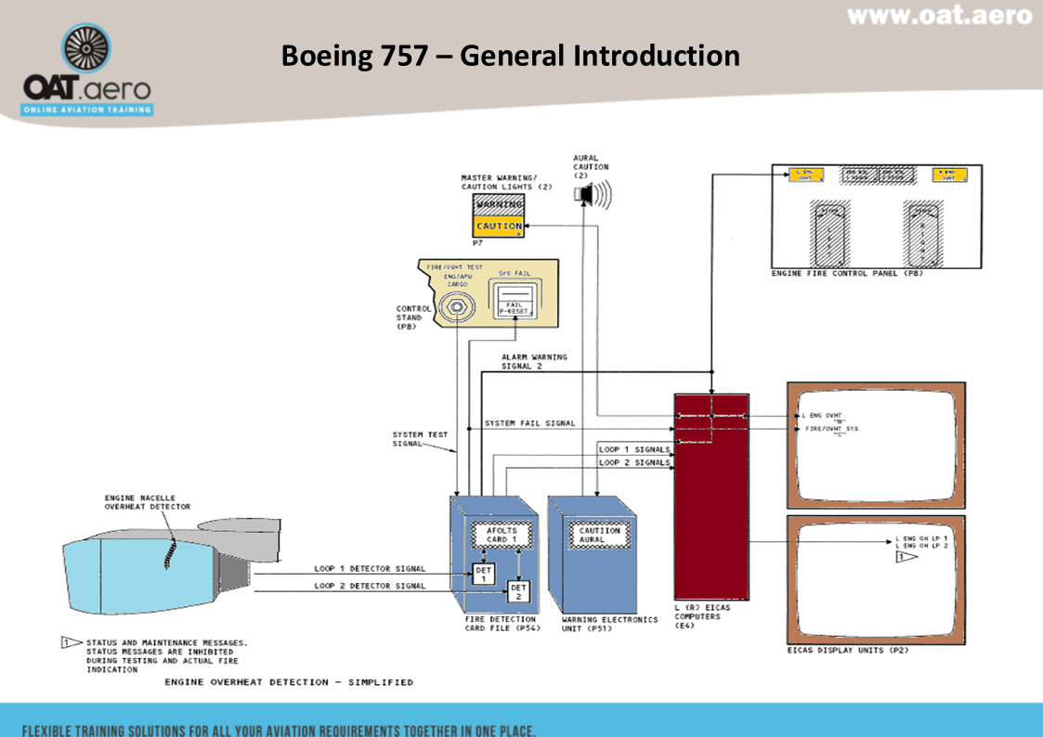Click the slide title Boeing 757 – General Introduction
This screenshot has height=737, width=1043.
(510, 56)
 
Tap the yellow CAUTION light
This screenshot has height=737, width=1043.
(499, 226)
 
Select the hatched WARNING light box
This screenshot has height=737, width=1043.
(499, 204)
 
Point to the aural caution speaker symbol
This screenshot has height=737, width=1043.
(586, 193)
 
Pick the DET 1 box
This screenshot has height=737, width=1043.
(482, 574)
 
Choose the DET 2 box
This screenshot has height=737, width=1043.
(517, 591)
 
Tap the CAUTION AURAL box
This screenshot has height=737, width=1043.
(593, 535)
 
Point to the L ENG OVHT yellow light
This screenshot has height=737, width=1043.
(805, 175)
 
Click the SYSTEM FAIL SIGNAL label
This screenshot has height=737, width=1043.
(529, 423)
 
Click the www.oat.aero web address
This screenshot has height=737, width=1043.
(939, 15)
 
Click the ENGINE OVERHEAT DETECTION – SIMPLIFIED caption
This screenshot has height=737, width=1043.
(289, 682)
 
